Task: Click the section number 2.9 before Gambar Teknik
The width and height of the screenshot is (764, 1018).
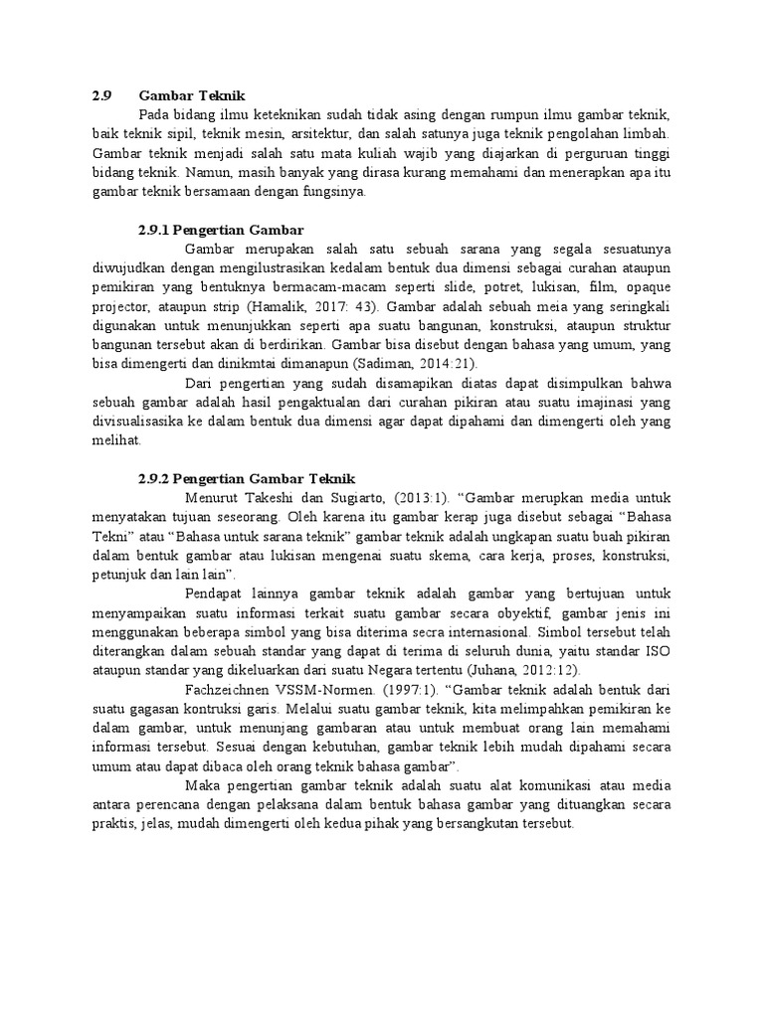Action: [x=100, y=95]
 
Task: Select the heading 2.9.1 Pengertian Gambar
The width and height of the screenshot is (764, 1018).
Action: [x=221, y=231]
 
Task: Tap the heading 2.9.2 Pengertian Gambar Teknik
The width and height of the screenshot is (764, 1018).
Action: [x=246, y=479]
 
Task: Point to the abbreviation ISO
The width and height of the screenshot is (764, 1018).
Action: [x=659, y=650]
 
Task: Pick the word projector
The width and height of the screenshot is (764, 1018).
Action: [x=121, y=307]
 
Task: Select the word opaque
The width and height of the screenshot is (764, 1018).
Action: [x=648, y=288]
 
